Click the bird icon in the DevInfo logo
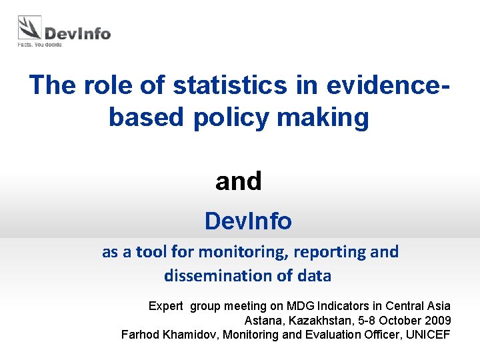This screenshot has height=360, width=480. coord(29,29)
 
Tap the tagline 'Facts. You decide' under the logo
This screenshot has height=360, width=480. coord(39,45)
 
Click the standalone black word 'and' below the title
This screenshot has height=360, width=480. coord(239,181)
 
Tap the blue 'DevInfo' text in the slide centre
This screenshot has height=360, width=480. coord(248,221)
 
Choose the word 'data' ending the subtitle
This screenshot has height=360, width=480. coord(315,275)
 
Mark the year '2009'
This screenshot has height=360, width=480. coord(437,320)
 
